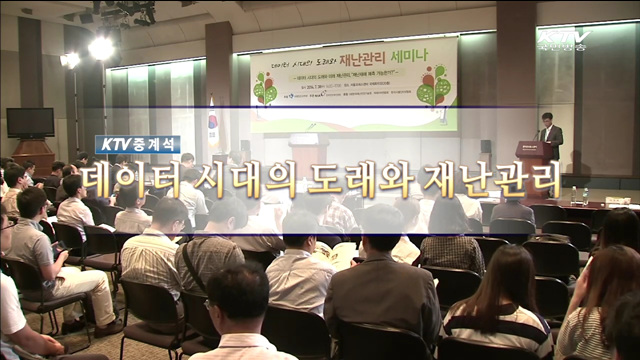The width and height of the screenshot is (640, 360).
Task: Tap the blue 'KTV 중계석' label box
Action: (138, 144)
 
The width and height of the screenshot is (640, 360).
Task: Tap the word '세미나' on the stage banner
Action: (431, 58)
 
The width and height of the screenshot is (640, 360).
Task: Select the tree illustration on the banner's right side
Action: (435, 86)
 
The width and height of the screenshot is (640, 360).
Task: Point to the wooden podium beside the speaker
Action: (531, 160)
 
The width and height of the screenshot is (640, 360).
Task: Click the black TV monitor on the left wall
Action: (30, 122)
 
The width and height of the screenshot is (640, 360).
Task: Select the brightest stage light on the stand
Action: (100, 48)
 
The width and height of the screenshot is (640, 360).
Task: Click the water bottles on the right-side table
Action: (578, 195)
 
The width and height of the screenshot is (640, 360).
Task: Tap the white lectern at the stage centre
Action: (308, 150)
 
